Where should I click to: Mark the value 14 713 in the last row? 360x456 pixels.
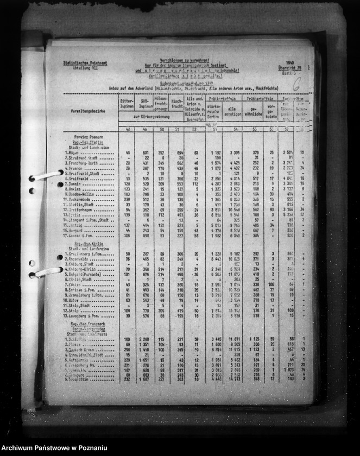pos(235,379)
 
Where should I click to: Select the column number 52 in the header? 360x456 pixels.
pos(194,129)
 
